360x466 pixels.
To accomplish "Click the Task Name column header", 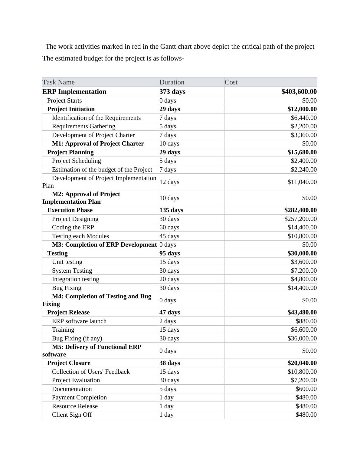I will (x=58, y=82).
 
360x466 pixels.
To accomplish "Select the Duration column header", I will (x=172, y=82).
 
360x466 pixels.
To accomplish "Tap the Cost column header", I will (x=231, y=82).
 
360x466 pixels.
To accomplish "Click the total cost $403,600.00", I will (x=299, y=92).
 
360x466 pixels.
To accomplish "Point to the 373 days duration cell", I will (x=172, y=92).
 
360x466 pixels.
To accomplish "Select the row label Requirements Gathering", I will (x=83, y=126).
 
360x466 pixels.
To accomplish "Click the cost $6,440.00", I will (x=304, y=118).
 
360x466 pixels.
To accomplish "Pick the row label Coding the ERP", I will (x=73, y=227).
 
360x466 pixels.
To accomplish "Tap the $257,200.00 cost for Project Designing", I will (x=300, y=219).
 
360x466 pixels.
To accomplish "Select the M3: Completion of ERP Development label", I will (x=104, y=244).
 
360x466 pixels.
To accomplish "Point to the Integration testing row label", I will (x=75, y=279).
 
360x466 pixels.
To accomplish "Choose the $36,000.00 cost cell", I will (x=302, y=338).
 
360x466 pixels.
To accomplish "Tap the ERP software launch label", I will (x=79, y=321).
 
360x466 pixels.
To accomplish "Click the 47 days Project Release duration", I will (x=170, y=312).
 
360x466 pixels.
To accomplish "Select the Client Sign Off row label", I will (x=72, y=415).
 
